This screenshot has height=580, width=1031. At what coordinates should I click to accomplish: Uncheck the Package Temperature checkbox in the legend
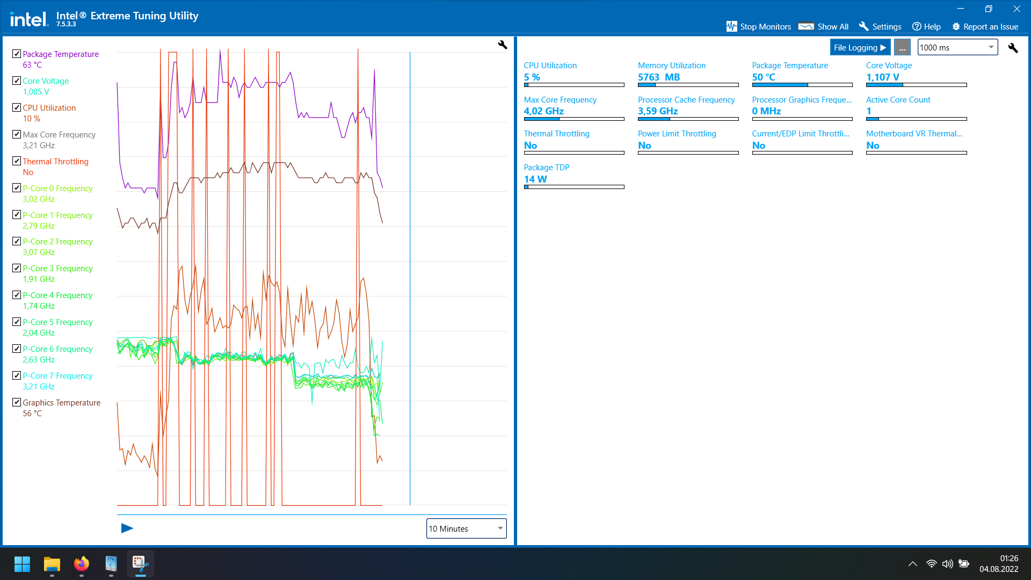tap(17, 54)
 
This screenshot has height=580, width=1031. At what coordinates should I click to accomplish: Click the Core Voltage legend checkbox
tap(17, 81)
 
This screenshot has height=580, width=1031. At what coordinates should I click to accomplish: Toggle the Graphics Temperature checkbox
tap(17, 402)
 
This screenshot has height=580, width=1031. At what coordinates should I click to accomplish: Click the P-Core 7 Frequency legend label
tap(57, 376)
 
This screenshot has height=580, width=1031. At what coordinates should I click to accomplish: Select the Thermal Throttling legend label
tap(55, 162)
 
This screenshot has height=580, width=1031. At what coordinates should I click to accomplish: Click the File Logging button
tap(860, 47)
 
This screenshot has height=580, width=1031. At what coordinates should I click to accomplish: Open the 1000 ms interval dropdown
tap(957, 47)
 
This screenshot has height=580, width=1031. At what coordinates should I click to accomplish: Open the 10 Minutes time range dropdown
tap(466, 528)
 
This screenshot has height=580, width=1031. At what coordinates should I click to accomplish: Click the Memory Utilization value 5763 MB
tap(659, 77)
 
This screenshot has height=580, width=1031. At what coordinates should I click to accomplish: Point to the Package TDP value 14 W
tap(535, 179)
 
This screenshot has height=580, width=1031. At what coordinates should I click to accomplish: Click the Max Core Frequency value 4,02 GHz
tap(544, 111)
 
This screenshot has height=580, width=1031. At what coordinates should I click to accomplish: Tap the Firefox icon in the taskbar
tap(82, 564)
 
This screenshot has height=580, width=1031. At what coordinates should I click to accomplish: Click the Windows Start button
tap(22, 564)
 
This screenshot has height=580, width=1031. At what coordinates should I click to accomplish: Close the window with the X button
tap(1017, 9)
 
